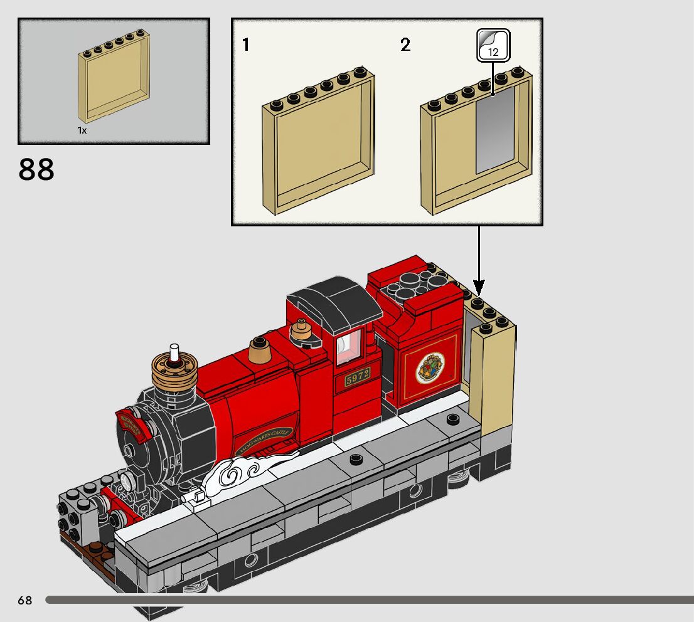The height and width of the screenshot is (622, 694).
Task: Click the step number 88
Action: point(36,169)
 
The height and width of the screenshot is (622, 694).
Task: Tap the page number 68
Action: point(24,600)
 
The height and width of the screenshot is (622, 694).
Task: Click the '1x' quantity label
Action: point(82,130)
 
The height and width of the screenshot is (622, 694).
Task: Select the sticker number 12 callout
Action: point(493,46)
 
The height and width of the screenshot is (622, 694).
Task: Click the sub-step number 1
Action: point(246,45)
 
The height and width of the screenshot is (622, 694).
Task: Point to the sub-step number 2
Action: point(405,45)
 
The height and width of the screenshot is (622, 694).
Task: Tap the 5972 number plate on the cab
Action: point(357,379)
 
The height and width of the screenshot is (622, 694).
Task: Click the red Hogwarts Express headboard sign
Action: point(132,424)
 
